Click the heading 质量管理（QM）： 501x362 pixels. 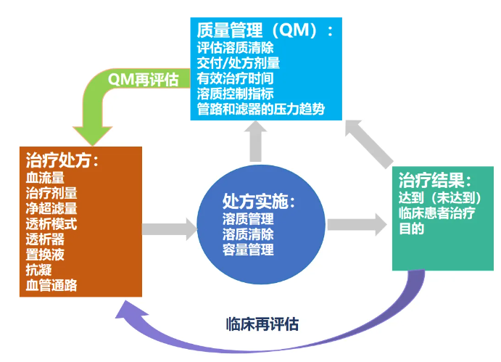(265, 30)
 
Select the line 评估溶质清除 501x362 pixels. (235, 48)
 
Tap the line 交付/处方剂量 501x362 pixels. (239, 63)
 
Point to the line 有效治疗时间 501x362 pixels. (235, 78)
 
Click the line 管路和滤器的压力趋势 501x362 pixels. (261, 109)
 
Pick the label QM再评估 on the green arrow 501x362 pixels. (143, 80)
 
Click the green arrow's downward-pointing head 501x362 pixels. (93, 136)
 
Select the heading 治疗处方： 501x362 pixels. (62, 160)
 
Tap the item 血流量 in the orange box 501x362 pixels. (45, 178)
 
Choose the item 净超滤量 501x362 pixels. (51, 208)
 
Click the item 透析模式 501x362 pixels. (51, 224)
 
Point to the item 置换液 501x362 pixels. (45, 255)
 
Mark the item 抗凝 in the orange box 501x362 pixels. (38, 270)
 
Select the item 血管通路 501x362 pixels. (51, 285)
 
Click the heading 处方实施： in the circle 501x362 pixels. (259, 202)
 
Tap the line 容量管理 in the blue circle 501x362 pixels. (248, 250)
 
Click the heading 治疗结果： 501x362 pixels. (435, 180)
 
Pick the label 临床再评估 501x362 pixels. (262, 324)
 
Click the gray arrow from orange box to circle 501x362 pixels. (170, 229)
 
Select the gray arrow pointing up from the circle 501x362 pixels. (256, 141)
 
